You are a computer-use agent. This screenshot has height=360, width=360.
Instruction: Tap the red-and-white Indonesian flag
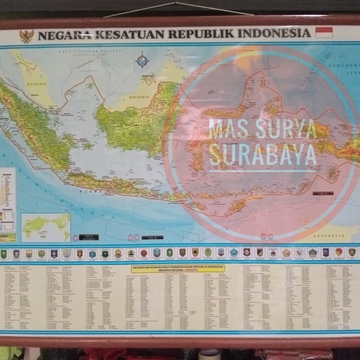[x=324, y=32]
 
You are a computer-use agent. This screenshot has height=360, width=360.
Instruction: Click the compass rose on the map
[x=142, y=61]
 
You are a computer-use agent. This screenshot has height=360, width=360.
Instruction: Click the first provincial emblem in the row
[x=4, y=253]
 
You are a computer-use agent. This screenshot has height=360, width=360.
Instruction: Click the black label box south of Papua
[x=323, y=193]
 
